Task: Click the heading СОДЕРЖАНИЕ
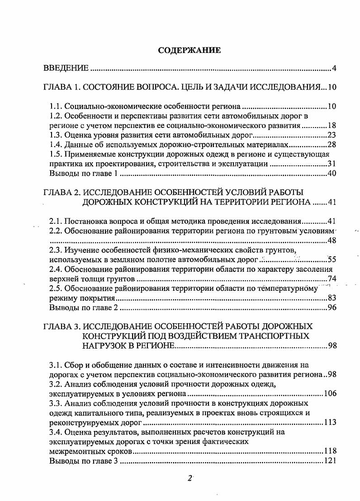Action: pyautogui.click(x=189, y=50)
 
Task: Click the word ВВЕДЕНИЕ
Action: pyautogui.click(x=66, y=69)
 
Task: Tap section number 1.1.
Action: pyautogui.click(x=56, y=107)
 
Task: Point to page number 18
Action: pyautogui.click(x=332, y=126)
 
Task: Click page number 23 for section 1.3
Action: pyautogui.click(x=332, y=135)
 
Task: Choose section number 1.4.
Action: pyautogui.click(x=56, y=145)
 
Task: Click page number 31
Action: pyautogui.click(x=332, y=164)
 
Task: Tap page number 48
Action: pyautogui.click(x=332, y=241)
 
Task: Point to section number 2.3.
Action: pyautogui.click(x=56, y=250)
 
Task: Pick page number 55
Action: pyautogui.click(x=332, y=260)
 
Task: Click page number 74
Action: pyautogui.click(x=332, y=279)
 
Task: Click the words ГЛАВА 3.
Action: pyautogui.click(x=60, y=326)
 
